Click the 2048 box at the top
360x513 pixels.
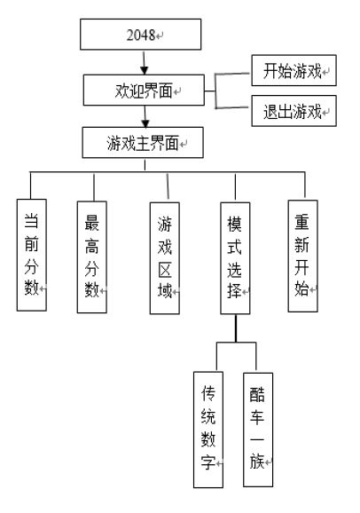coord(141,35)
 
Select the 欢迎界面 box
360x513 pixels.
coord(144,90)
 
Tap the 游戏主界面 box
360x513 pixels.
coord(143,143)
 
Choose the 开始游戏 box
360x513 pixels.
coord(294,70)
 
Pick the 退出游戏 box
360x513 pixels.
coord(294,111)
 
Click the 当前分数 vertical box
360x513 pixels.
coord(32,255)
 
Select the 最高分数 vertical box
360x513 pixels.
coord(92,257)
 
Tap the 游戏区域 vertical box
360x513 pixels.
coord(165,258)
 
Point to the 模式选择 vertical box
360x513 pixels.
coord(236,258)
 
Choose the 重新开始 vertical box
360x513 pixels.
coord(302,256)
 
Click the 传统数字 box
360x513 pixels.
coord(208,430)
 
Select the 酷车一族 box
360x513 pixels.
coord(258,430)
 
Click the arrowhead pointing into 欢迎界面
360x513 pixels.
coord(145,70)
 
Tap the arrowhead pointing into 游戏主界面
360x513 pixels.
coord(145,123)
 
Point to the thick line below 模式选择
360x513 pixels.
coord(236,328)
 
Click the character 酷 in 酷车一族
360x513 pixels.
coord(257,395)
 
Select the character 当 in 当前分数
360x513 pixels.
coord(31,221)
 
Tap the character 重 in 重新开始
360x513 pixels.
coord(301,222)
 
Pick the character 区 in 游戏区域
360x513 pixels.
coord(164,270)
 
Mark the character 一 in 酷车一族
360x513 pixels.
coord(257,438)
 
